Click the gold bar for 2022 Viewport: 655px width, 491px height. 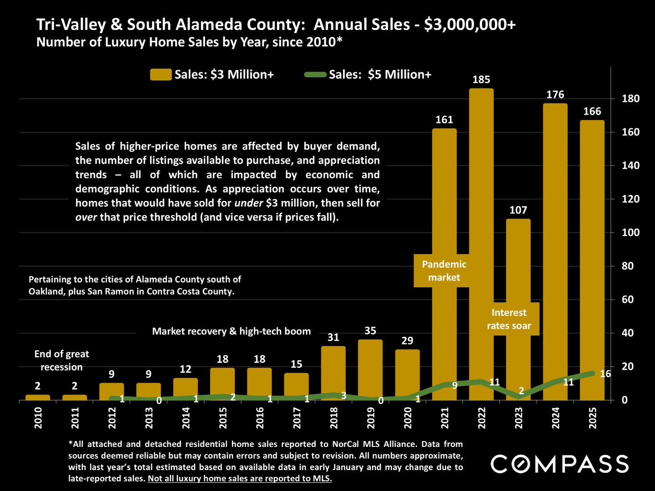click(x=481, y=227)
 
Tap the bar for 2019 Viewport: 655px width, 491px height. click(x=370, y=368)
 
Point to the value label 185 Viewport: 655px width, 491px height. click(x=481, y=80)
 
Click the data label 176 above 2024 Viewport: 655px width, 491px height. click(x=555, y=95)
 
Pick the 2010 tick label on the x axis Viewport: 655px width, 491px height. click(x=38, y=417)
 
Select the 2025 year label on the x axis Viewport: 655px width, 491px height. click(x=593, y=417)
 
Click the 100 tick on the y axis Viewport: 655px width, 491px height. click(x=630, y=233)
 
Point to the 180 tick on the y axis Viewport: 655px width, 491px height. click(x=630, y=99)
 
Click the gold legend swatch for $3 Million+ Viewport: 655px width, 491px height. click(x=161, y=75)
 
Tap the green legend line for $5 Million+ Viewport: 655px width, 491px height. click(x=315, y=75)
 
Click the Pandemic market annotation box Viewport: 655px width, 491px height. click(x=444, y=271)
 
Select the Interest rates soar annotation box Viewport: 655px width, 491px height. click(x=509, y=319)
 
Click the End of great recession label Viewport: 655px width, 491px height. click(x=61, y=361)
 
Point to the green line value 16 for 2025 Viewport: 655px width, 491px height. click(x=605, y=374)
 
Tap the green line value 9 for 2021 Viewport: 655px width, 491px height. click(x=454, y=386)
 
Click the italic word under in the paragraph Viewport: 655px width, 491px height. click(x=249, y=203)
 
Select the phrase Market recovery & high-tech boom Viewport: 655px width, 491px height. click(x=232, y=331)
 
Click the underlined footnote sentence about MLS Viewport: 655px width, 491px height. click(x=240, y=479)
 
